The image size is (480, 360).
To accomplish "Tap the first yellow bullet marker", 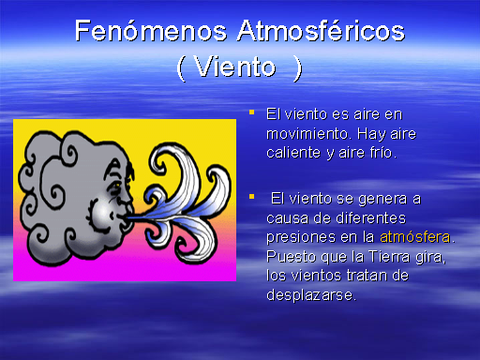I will pos(251,112).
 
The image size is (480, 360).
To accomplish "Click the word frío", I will pos(382,152).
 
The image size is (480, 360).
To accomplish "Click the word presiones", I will pos(299,236).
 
